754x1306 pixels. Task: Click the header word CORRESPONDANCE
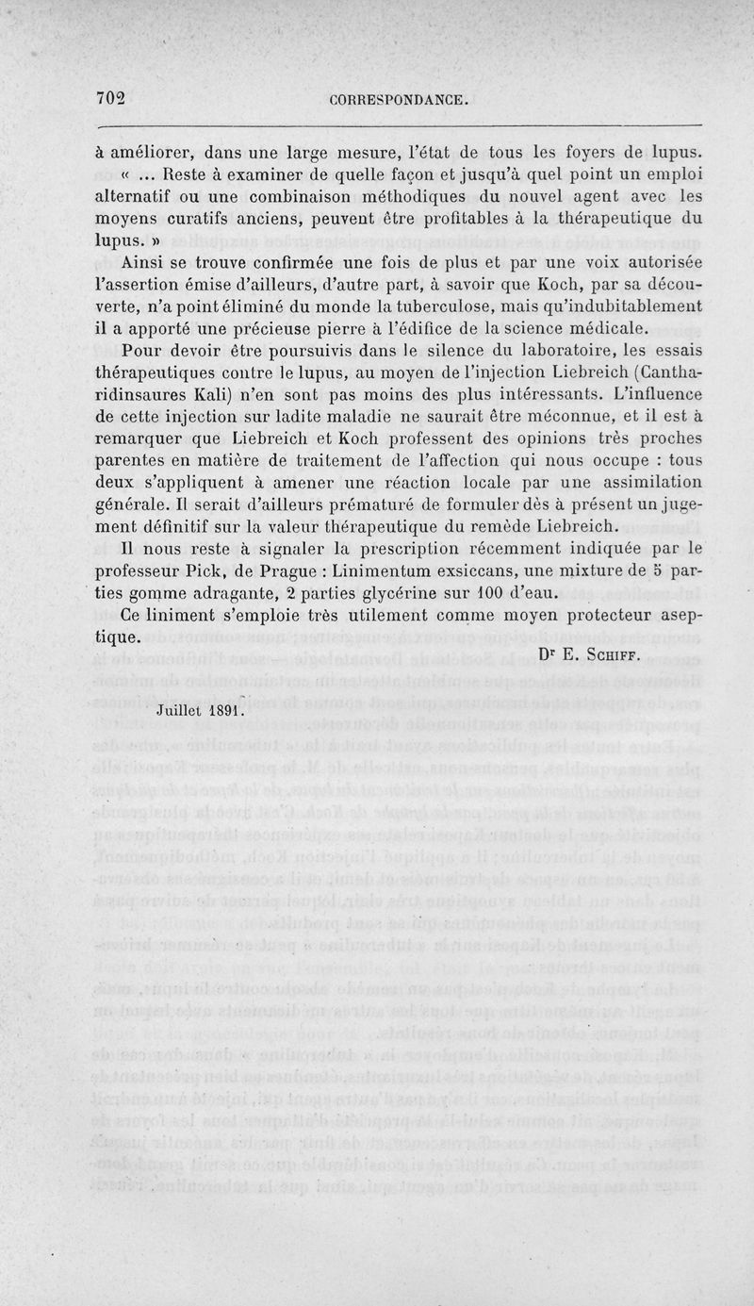point(400,100)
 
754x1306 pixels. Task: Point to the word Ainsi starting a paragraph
point(146,261)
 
